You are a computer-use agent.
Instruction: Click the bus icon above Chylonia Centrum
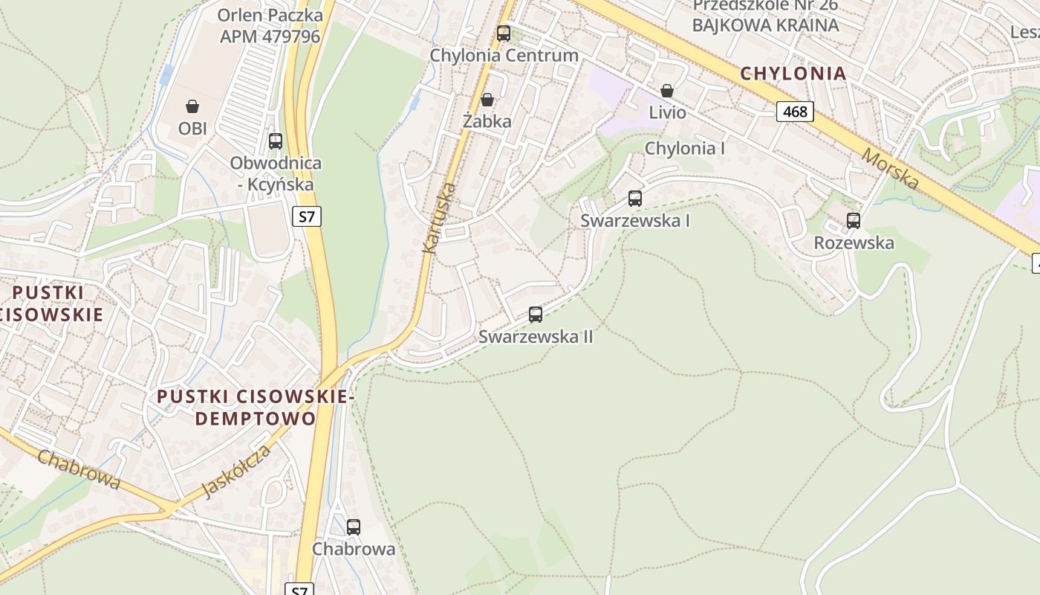[x=504, y=33]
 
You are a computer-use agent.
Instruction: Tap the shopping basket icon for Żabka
[x=487, y=100]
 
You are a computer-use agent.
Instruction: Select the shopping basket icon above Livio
[x=667, y=91]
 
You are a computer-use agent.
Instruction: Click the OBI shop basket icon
[x=192, y=106]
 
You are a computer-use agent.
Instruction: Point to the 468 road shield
[x=795, y=112]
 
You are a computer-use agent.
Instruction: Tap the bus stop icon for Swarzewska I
[x=635, y=199]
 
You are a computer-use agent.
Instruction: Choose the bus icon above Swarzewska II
[x=536, y=315]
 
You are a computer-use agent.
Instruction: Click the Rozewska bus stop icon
[x=854, y=221]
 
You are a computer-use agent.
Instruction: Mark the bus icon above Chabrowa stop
[x=354, y=527]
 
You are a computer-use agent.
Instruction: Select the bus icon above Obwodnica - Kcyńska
[x=276, y=141]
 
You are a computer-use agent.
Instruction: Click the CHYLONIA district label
[x=793, y=73]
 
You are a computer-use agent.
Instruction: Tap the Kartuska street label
[x=438, y=217]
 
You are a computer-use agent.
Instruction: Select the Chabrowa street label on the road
[x=79, y=469]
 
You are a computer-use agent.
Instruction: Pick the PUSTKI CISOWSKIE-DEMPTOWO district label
[x=255, y=407]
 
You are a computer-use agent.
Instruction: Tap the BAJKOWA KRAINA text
[x=765, y=25]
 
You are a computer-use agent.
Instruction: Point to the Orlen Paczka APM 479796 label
[x=270, y=25]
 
